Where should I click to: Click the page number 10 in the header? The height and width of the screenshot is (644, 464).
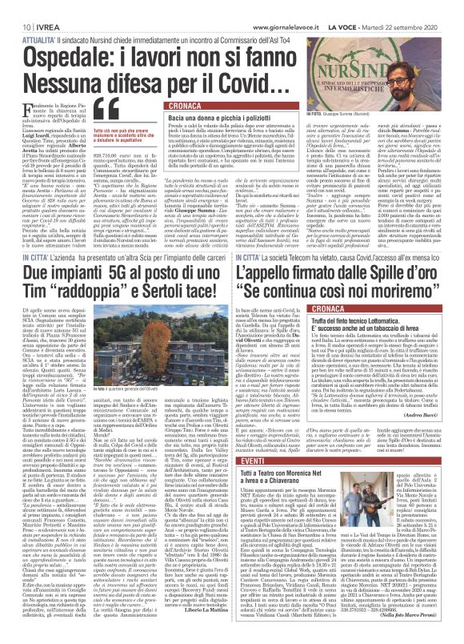(x=16, y=6)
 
